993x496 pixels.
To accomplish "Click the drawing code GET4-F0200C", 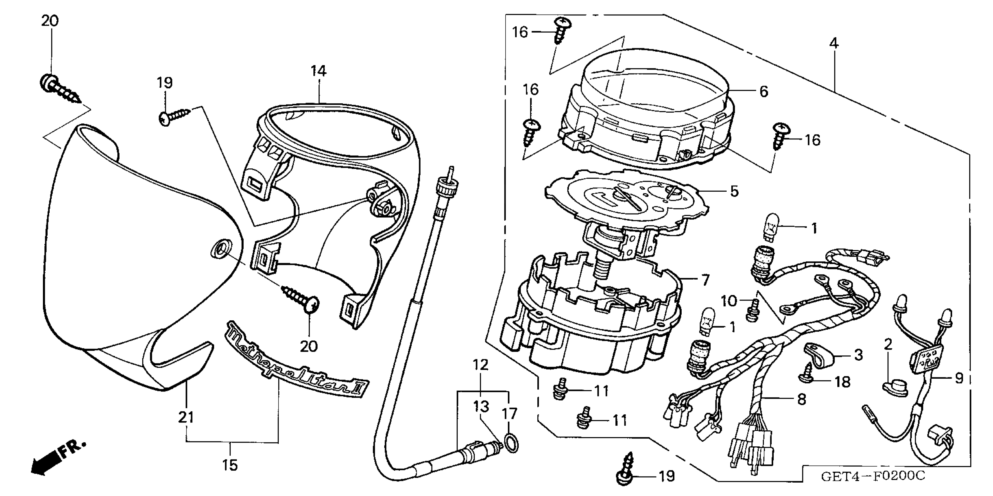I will coord(872,476).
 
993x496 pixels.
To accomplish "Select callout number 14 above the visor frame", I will coord(318,71).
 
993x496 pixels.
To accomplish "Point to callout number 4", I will coord(834,43).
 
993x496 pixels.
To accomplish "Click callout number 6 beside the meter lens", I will coord(764,92).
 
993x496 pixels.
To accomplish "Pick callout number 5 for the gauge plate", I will coord(734,191).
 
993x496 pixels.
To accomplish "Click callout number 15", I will coord(230,465).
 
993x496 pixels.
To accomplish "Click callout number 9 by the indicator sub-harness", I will coord(959,378).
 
